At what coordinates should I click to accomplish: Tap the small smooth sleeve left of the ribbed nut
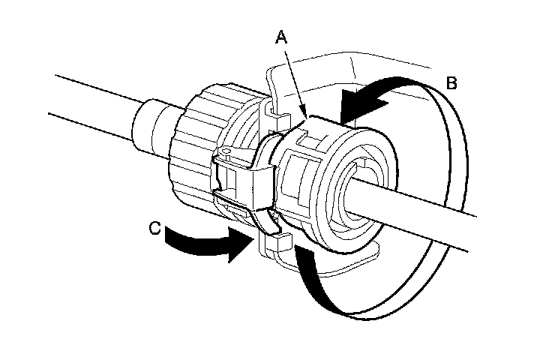150,127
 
